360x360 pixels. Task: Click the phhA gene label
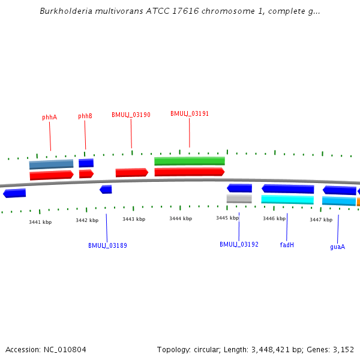coord(50,118)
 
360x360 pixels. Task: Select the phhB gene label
coord(85,116)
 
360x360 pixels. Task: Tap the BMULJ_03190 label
coord(131,115)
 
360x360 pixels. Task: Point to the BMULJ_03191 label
coord(190,113)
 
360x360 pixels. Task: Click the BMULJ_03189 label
coord(107,245)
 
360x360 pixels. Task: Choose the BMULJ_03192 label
coord(239,244)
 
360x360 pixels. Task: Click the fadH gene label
coord(287,245)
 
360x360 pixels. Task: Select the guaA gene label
coord(338,247)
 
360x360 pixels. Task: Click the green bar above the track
coord(190,161)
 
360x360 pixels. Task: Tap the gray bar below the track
coord(239,199)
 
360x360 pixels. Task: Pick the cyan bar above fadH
coord(287,199)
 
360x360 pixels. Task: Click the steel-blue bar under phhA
coord(51,164)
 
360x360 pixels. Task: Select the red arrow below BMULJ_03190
coord(131,173)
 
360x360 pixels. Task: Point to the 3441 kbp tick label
coord(40,222)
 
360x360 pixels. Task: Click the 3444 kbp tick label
coord(181,218)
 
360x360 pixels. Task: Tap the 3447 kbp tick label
coord(321,220)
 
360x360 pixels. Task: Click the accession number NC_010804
coord(65,349)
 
